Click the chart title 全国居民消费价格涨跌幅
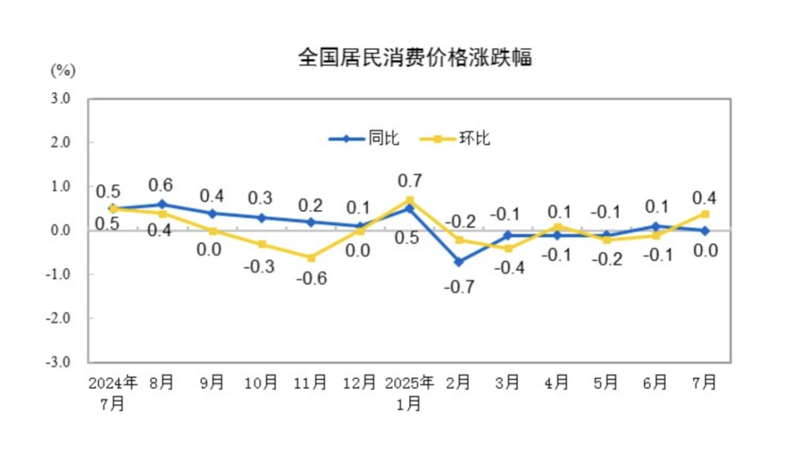414,57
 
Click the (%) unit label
63,71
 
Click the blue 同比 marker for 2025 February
459,261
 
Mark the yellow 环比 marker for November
311,258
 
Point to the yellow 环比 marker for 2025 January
410,200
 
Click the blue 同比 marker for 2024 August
162,204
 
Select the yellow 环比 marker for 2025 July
705,214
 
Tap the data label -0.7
459,287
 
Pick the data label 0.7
410,180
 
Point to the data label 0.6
162,185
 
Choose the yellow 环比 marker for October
261,244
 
